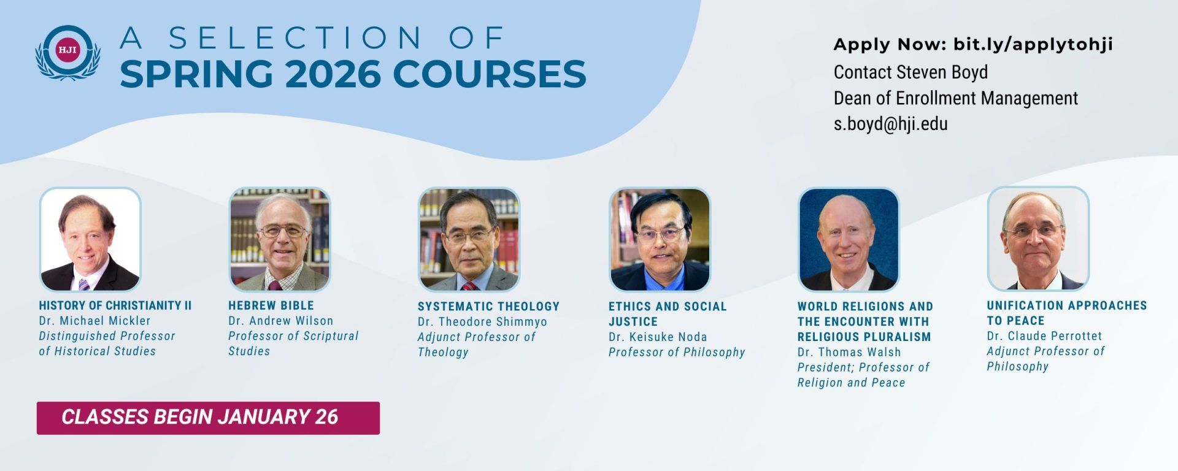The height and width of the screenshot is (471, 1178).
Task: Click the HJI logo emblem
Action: [x=67, y=53]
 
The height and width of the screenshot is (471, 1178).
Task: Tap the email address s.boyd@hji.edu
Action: [x=890, y=124]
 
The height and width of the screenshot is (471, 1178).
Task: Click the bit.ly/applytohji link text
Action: [x=1033, y=44]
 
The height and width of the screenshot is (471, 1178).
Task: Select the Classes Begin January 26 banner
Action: [x=208, y=418]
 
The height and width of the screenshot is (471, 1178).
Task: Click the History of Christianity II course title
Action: [x=115, y=305]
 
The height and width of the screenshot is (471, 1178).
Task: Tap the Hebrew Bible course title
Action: [x=271, y=305]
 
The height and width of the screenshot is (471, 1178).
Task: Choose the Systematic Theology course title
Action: [x=488, y=307]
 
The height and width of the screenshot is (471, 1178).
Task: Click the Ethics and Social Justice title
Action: [x=668, y=314]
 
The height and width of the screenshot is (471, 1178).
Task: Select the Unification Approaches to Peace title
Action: [x=1066, y=313]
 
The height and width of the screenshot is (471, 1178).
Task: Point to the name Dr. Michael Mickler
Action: [x=94, y=321]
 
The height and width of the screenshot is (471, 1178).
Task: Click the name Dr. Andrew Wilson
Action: [x=281, y=321]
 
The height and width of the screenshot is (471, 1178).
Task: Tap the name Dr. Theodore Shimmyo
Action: [x=482, y=322]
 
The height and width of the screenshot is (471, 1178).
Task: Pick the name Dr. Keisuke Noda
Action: [x=658, y=337]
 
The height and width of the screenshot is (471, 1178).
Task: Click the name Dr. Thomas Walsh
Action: [x=849, y=352]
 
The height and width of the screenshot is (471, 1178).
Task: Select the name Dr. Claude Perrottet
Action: [x=1044, y=336]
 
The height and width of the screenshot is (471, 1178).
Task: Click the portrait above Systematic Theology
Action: [x=469, y=239]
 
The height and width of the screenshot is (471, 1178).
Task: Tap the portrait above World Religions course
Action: [x=849, y=239]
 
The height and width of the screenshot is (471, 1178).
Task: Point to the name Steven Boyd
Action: [x=942, y=72]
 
